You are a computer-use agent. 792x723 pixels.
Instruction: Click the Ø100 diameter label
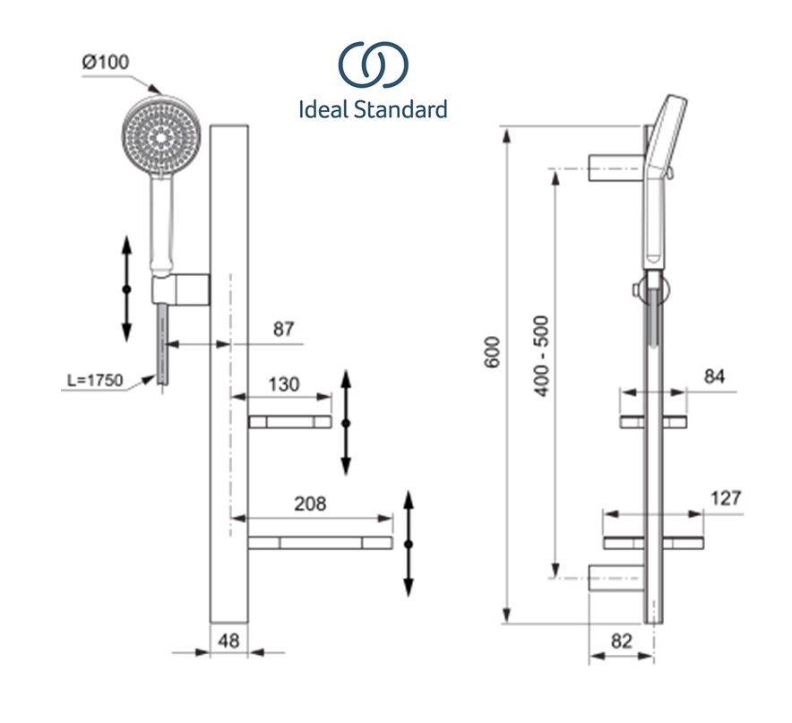(106, 62)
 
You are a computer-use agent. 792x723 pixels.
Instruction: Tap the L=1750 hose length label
(95, 380)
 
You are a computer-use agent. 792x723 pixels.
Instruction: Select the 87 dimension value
(283, 330)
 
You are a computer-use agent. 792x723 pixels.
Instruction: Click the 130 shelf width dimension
(284, 384)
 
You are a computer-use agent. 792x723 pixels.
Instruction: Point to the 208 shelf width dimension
(310, 504)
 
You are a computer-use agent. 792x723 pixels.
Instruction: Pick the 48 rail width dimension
(228, 641)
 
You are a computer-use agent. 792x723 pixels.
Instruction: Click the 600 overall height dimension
(492, 352)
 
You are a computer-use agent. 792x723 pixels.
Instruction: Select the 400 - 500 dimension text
(541, 357)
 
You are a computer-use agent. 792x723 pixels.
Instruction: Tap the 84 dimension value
(714, 376)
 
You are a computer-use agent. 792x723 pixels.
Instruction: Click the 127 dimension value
(726, 499)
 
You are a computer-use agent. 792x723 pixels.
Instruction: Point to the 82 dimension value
(621, 641)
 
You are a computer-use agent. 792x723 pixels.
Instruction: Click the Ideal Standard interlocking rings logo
(374, 65)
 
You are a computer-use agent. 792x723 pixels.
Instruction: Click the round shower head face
(161, 135)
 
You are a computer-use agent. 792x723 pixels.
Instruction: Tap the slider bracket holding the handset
(181, 290)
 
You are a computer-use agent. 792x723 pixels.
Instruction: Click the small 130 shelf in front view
(290, 422)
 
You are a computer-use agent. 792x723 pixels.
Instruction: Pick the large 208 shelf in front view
(320, 543)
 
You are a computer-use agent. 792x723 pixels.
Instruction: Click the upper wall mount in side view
(616, 168)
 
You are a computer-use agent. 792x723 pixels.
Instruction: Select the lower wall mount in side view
(616, 578)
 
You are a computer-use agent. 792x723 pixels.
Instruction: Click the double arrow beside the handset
(127, 288)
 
